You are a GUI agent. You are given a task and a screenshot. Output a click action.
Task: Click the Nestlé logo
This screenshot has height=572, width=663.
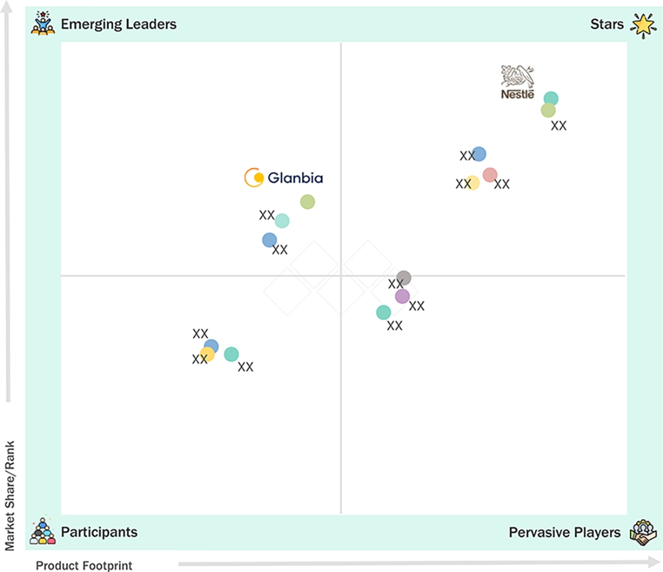[518, 82]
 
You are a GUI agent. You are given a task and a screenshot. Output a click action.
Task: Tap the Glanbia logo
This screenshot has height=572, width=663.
[284, 178]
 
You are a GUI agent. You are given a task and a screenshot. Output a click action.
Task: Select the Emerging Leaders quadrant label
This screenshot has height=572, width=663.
[119, 24]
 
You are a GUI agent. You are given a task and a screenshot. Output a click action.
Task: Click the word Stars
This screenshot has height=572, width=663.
[607, 24]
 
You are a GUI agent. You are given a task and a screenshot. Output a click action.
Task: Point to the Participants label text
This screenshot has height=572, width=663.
[99, 532]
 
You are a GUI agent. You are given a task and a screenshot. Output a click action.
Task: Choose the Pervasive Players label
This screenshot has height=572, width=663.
[565, 532]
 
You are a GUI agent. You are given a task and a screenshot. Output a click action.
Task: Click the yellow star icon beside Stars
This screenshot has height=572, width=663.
[644, 25]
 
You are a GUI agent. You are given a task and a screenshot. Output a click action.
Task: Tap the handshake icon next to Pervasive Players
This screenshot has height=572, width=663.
[643, 532]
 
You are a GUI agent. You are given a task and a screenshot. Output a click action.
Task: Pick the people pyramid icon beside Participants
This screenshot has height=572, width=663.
[43, 531]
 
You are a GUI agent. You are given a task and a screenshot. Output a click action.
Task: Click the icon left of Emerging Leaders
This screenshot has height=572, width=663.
[43, 23]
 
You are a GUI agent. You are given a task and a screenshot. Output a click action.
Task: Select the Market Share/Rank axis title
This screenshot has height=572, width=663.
[10, 496]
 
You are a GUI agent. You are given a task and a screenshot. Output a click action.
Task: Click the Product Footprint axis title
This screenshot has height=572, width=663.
[84, 565]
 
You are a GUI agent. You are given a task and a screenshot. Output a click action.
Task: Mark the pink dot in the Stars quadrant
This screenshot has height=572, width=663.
[489, 175]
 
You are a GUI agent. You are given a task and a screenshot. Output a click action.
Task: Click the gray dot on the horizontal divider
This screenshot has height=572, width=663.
[403, 278]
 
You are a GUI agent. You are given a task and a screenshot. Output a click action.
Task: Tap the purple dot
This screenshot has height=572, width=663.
[402, 296]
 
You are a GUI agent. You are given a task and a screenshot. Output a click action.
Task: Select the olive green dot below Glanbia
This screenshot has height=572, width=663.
[307, 202]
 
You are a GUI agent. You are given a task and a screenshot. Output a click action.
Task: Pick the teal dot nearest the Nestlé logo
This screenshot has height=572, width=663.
[550, 99]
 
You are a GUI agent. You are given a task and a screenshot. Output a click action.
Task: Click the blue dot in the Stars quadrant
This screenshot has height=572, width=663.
[479, 154]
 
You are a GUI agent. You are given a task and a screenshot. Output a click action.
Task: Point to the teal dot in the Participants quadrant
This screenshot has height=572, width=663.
[231, 354]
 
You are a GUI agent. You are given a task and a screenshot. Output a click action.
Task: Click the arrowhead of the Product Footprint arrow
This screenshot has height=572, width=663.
[654, 562]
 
